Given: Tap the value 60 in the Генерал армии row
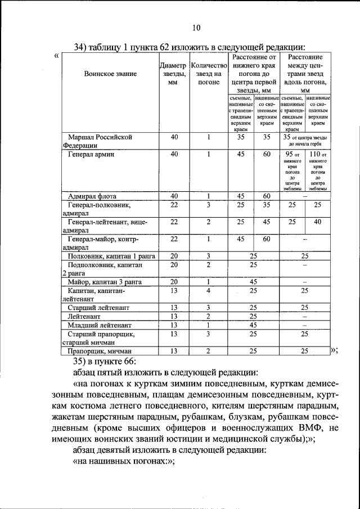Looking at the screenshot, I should pos(267,154).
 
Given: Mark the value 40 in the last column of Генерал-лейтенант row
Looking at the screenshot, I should pos(318,222).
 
